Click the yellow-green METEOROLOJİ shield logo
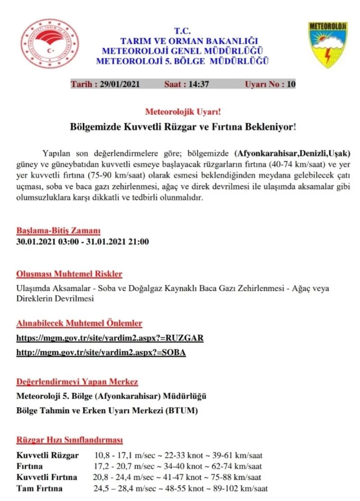coord(328,45)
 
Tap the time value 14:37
coord(198,84)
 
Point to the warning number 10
coord(291,84)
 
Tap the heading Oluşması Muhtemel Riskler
coord(69,274)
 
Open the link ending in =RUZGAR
coord(110,338)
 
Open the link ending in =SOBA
coord(101,353)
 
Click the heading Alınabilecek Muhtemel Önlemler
coord(79,323)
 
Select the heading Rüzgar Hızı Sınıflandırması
coord(70,440)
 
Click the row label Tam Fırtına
coord(40,488)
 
